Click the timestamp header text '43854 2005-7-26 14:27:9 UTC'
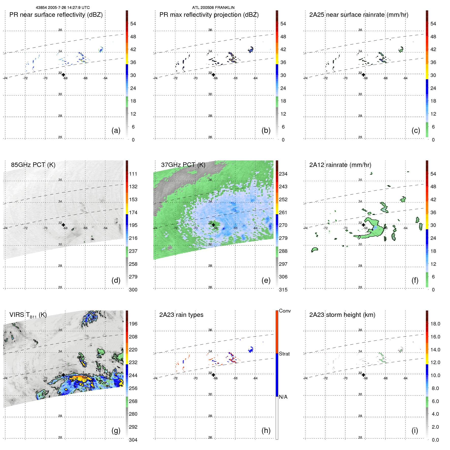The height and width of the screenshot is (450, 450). [x=63, y=8]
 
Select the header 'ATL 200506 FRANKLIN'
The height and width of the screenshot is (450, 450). [x=213, y=8]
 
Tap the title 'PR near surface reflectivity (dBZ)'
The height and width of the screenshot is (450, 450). [x=56, y=15]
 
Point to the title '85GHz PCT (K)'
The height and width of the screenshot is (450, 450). [x=33, y=165]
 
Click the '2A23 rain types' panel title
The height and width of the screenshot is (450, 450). [x=181, y=315]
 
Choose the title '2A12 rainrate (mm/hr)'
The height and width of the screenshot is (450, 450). [x=340, y=165]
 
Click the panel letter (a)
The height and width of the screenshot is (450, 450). [x=116, y=130]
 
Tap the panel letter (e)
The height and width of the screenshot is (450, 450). [x=266, y=280]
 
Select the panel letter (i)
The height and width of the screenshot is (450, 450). [x=415, y=430]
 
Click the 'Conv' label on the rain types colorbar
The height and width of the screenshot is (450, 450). [x=285, y=311]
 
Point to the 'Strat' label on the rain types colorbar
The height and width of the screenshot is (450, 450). [x=284, y=354]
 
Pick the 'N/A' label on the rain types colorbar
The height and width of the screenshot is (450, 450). [x=283, y=397]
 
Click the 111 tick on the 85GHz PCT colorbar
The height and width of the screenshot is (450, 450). [x=133, y=174]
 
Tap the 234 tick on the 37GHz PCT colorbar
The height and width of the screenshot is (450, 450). [x=283, y=174]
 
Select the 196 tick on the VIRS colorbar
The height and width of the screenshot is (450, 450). [x=133, y=324]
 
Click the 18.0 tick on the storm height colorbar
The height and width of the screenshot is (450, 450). [x=435, y=324]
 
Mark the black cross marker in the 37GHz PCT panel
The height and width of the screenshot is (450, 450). [x=213, y=225]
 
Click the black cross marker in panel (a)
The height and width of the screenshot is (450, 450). [x=63, y=75]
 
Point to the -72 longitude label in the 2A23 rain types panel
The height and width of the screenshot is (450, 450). [x=175, y=378]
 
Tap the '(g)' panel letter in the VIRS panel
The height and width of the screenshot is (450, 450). [x=116, y=430]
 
